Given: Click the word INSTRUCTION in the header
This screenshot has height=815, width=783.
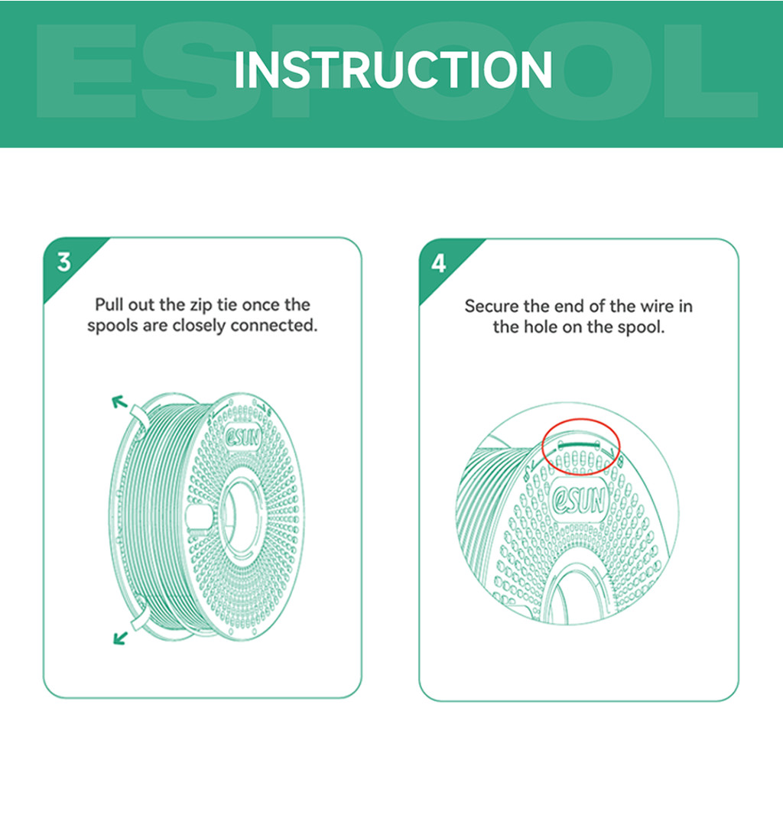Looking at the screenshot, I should [392, 70].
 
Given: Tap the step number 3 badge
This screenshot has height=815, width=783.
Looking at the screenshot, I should [63, 262].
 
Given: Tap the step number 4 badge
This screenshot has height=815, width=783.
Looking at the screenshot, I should [438, 263].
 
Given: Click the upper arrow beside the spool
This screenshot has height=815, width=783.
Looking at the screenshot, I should [119, 401].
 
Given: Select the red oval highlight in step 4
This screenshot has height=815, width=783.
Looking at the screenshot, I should [580, 445].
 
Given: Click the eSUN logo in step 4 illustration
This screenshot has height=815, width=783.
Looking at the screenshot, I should [580, 501].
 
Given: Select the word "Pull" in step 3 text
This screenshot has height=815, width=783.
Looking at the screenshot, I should [109, 305].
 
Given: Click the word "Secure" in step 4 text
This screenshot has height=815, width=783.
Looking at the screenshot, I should [492, 307].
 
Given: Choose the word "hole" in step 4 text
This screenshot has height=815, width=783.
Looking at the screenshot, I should [541, 327].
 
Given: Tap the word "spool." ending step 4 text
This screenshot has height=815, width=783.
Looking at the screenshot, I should [643, 327].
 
